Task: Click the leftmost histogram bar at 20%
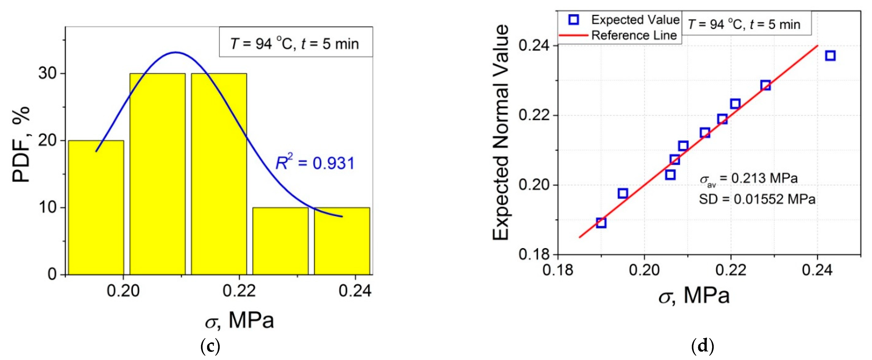pyautogui.click(x=96, y=207)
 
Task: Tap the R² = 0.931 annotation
pyautogui.click(x=315, y=163)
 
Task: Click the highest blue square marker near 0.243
pyautogui.click(x=830, y=56)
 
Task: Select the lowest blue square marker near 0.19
pyautogui.click(x=601, y=223)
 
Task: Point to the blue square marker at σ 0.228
pyautogui.click(x=765, y=85)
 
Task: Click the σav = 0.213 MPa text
pyautogui.click(x=749, y=179)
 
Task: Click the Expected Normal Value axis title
pyautogui.click(x=501, y=133)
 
